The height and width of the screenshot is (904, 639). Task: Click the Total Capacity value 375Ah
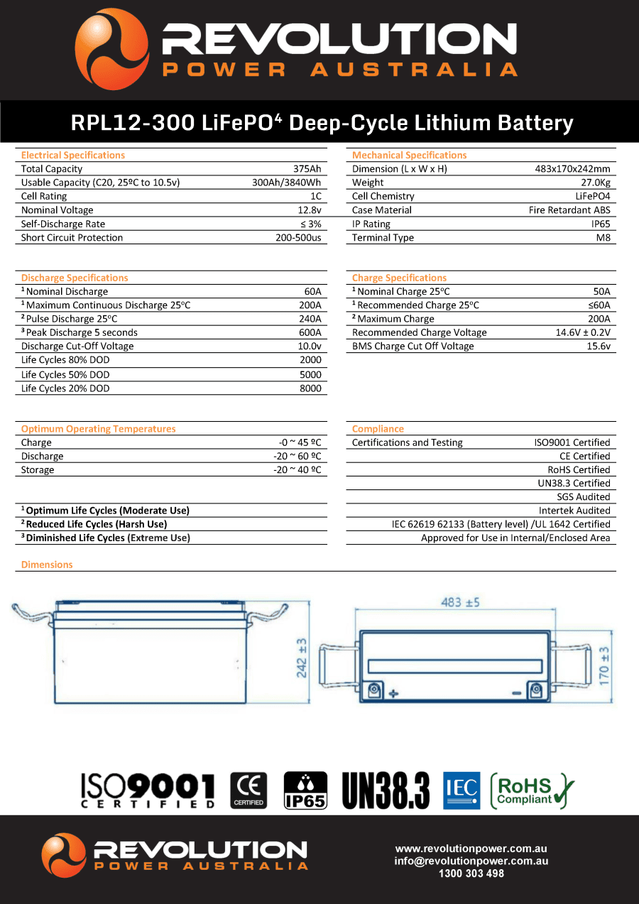[x=307, y=169]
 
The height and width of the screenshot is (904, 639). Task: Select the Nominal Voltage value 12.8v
[x=309, y=210]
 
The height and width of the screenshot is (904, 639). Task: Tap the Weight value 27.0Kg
[x=595, y=183]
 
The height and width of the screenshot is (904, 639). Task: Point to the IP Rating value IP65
[x=600, y=224]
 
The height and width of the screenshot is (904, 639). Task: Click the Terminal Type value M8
[x=603, y=238]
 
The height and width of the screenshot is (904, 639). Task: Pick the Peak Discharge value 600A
[x=310, y=332]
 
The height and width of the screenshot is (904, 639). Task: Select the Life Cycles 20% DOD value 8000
[x=310, y=388]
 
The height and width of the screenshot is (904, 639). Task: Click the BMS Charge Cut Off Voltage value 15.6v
[x=599, y=347]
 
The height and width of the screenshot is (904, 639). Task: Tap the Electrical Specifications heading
[x=73, y=156]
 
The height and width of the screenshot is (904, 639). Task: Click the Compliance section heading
[x=378, y=429]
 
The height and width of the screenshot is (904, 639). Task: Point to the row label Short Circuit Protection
[x=72, y=238]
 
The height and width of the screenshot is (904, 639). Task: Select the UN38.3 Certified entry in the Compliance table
[x=574, y=484]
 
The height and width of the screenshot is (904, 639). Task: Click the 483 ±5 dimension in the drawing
[x=460, y=602]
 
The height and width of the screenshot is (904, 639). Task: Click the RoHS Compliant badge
[x=532, y=790]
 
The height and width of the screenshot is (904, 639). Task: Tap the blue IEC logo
[x=461, y=790]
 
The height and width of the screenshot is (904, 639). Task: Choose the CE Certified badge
[x=248, y=790]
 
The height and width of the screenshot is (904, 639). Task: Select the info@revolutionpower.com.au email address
[x=471, y=861]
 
